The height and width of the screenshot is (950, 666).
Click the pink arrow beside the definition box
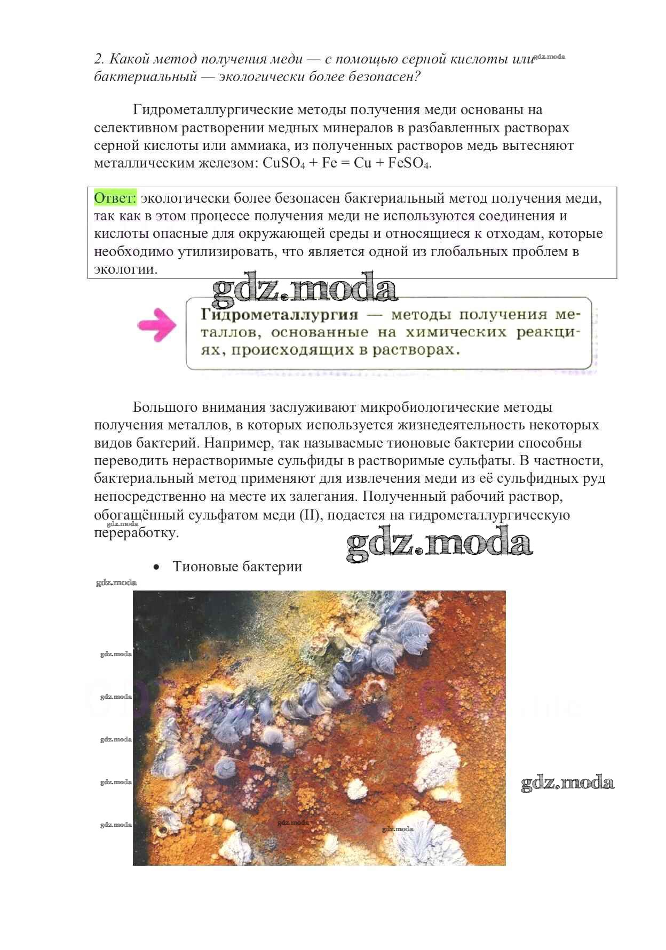[157, 324]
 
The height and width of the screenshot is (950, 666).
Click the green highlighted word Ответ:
[115, 198]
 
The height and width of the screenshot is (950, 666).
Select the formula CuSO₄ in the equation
[284, 163]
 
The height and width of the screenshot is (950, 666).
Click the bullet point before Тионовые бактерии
[156, 568]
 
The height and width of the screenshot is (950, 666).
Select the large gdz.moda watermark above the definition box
[305, 290]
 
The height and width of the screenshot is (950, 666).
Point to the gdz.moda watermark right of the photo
[567, 783]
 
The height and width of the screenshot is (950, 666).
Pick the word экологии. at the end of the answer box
[126, 269]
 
